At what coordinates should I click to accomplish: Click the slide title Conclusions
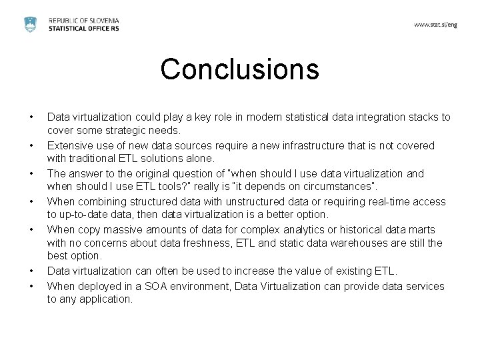(240, 69)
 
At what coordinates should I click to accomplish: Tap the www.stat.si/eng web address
(435, 25)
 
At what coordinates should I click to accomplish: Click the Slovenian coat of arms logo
(30, 25)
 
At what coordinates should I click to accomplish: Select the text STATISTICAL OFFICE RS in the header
(84, 29)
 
